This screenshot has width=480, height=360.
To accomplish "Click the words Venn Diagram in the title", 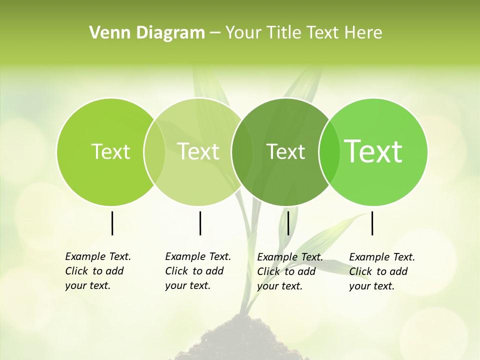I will click(146, 33).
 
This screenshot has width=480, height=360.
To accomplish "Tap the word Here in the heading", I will click(363, 33).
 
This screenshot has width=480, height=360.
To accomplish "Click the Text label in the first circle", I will click(110, 151).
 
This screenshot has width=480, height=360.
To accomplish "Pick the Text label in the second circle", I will click(198, 151).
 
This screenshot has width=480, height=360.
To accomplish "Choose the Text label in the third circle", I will click(285, 151).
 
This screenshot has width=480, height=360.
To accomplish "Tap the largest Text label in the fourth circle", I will click(373, 151).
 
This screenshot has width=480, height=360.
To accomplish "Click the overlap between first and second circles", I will click(154, 152).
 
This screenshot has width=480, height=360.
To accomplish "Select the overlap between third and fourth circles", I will click(329, 152).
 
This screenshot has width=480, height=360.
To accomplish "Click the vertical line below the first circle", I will click(112, 223).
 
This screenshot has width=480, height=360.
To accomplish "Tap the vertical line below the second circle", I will click(200, 223).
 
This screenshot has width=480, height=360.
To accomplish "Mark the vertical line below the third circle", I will click(288, 223).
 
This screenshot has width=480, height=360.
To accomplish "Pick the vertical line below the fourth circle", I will click(372, 223).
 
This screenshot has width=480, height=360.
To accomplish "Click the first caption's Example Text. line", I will click(98, 256).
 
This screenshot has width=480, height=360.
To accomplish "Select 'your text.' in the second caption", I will click(187, 285).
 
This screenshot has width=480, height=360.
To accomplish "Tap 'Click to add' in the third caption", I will click(286, 271).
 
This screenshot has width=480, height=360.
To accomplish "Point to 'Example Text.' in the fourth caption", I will click(382, 257).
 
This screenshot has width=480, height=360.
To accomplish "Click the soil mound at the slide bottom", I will click(240, 342).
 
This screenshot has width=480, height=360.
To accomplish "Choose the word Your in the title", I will click(243, 33).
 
